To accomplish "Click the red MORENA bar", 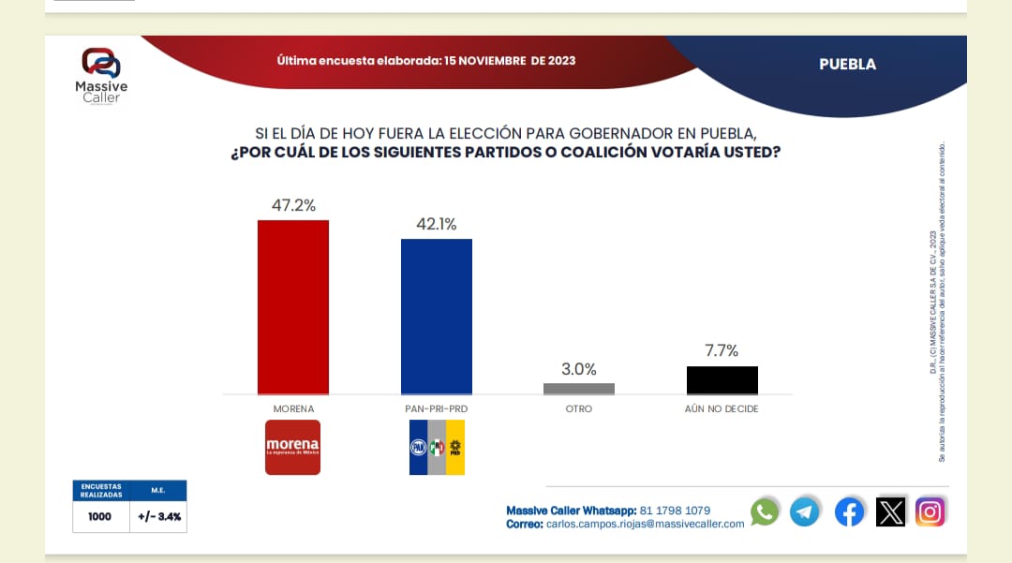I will [293, 307].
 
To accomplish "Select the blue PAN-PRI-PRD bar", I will [437, 317].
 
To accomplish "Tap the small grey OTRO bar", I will [579, 389].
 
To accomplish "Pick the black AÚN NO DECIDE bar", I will [722, 380].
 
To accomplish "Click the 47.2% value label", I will [293, 204].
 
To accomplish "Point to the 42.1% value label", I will [437, 224].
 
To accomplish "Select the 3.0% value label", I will [579, 369].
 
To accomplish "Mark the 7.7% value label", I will [722, 351].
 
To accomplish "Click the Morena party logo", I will [292, 447].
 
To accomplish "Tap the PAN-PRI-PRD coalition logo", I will [437, 447].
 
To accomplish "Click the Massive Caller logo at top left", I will [101, 76].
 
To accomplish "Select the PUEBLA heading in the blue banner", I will [847, 64].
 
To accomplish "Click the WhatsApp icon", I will [765, 511].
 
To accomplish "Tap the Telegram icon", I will [805, 511].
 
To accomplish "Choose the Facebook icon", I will [849, 511].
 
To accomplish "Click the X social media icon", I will [890, 511].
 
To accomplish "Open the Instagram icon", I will [930, 511].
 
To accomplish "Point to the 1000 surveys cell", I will [100, 516].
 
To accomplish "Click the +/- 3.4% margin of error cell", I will [157, 516].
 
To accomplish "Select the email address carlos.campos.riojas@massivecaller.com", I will [645, 525].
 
